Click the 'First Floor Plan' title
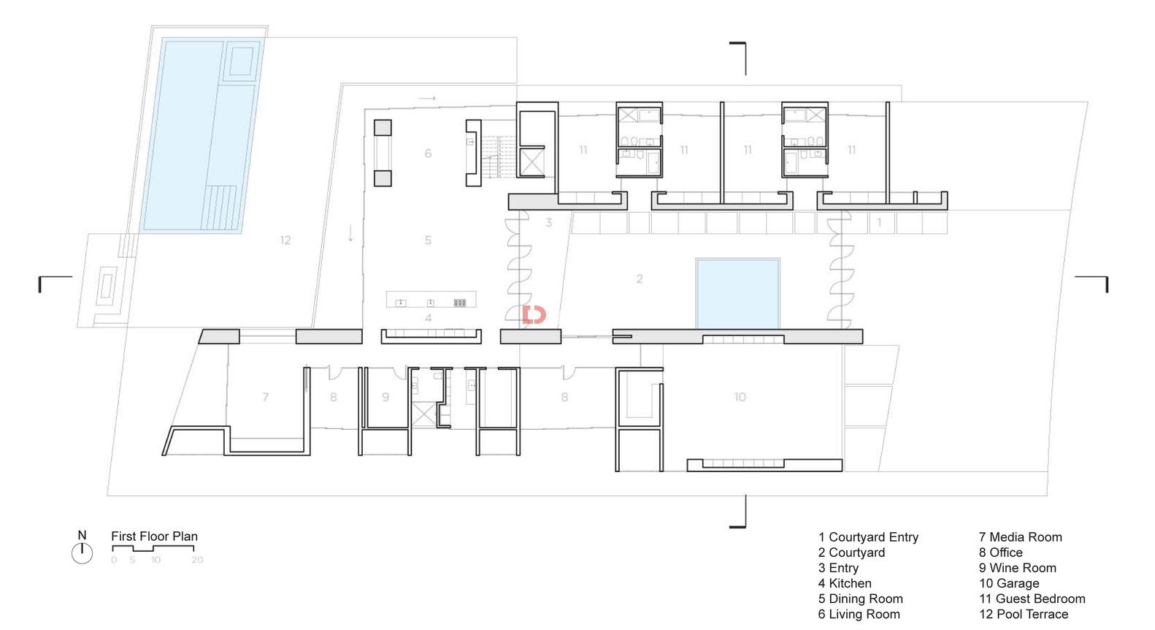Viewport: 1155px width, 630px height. tap(155, 536)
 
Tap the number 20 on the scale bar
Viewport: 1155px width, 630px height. tap(197, 560)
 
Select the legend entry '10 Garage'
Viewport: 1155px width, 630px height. tap(1009, 583)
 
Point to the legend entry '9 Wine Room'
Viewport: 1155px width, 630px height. tap(1017, 568)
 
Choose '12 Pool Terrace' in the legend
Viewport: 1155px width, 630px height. tap(1024, 615)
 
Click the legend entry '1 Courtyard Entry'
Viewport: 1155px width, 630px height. tap(868, 537)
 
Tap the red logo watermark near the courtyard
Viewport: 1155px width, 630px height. tap(534, 315)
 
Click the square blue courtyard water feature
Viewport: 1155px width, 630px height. tap(738, 294)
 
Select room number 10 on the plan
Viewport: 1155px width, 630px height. tap(740, 397)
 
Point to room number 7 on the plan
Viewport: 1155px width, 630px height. tap(266, 397)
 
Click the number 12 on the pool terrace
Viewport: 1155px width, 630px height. tap(285, 240)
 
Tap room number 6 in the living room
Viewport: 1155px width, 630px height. tap(428, 153)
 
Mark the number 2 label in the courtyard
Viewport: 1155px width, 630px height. tap(640, 278)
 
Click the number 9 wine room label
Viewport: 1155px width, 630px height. tap(385, 397)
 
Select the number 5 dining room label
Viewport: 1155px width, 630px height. tap(428, 240)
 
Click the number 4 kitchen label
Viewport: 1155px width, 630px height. tap(428, 319)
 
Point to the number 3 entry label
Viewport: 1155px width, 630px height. tap(548, 222)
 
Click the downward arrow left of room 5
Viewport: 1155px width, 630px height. tap(350, 233)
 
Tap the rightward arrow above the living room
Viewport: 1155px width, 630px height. tap(427, 98)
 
